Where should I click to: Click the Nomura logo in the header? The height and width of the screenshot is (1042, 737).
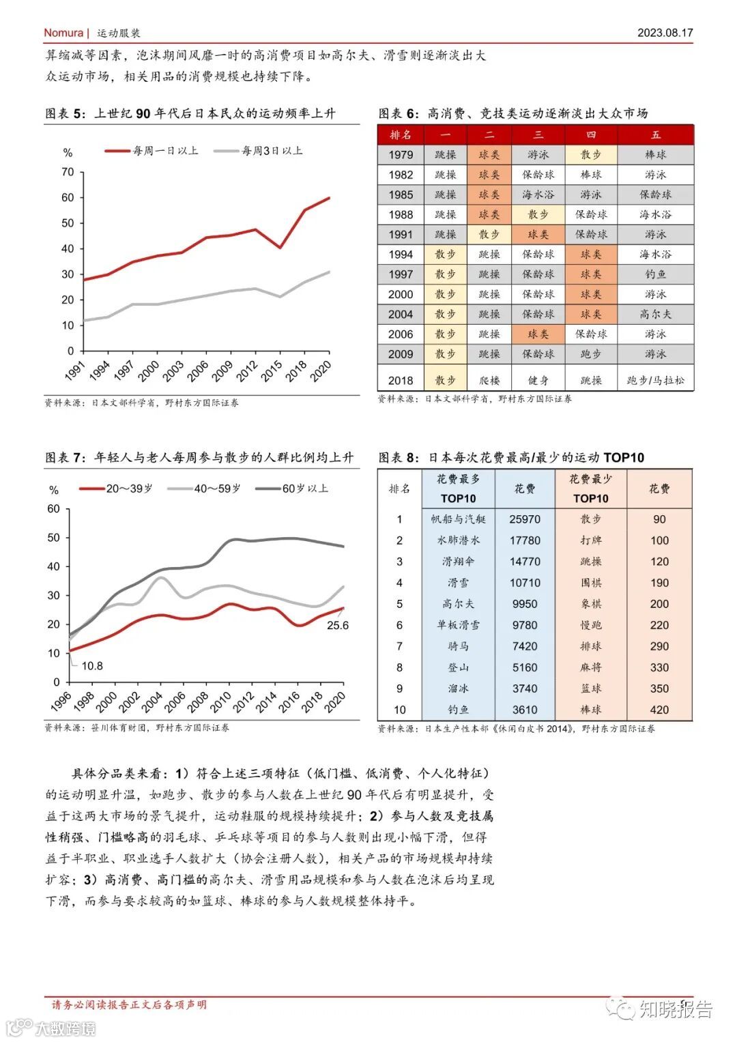pos(63,33)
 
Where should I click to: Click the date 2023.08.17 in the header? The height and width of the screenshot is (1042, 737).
pos(665,33)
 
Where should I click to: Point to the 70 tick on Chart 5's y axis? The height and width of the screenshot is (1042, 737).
pos(68,172)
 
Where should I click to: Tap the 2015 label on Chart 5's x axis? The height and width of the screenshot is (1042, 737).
pos(272,371)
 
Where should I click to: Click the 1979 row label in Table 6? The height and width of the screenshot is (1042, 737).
pos(401,155)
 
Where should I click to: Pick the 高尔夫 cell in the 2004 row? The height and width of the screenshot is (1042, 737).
pos(655,315)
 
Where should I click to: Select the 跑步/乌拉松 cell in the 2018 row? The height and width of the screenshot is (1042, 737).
pos(655,381)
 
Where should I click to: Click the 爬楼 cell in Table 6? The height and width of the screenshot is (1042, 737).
pos(489,381)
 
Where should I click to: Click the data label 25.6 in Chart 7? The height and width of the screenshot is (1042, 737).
pos(338,626)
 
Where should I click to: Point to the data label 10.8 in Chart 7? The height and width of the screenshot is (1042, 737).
pos(92,666)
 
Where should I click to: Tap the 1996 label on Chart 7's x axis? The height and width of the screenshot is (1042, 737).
pos(61,701)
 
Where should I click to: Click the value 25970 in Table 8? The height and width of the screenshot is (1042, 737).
pos(524,519)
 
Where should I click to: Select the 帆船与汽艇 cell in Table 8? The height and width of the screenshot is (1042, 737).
pos(458,519)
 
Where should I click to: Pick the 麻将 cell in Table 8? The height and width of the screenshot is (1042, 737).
pos(590,667)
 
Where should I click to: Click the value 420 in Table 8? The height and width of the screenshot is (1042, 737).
pos(659,710)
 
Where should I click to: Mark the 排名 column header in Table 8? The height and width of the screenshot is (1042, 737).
pos(399,489)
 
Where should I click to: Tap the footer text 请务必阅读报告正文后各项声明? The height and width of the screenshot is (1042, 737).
pos(130,1004)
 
